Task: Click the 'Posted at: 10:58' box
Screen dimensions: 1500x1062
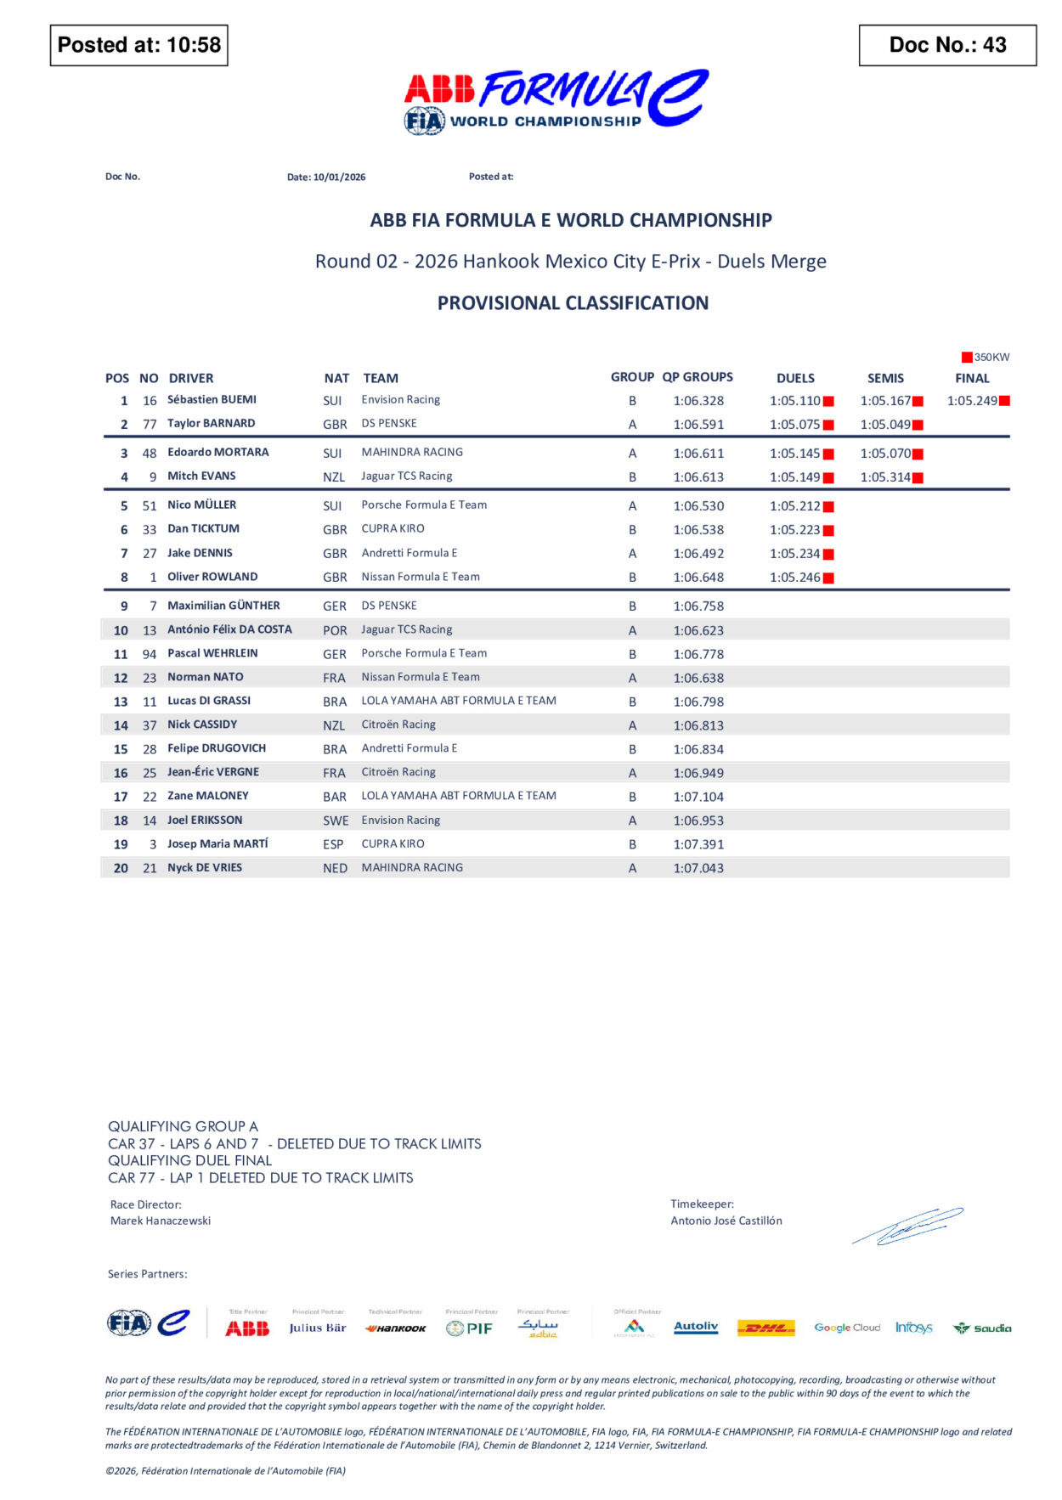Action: click(x=138, y=45)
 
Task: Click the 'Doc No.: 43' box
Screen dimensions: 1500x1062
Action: click(x=946, y=45)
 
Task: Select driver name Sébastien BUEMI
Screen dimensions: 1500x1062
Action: click(x=212, y=399)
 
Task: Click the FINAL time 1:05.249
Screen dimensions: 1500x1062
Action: click(x=972, y=401)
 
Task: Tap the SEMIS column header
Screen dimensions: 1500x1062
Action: click(x=885, y=378)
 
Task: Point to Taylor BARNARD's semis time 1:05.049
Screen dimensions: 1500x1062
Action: click(x=885, y=425)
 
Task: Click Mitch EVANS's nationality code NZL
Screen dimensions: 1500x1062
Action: click(x=334, y=477)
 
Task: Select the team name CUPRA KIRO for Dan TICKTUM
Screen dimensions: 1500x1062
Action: click(x=393, y=528)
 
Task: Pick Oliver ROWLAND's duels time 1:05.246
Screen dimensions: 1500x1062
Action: click(x=795, y=578)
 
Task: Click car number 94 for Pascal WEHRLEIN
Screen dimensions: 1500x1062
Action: click(x=150, y=654)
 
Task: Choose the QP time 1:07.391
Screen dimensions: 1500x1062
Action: click(x=698, y=844)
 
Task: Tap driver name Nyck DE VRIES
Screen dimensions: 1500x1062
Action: click(x=205, y=867)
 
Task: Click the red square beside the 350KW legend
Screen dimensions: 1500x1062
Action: click(x=967, y=358)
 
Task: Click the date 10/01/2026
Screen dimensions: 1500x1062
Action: click(x=339, y=178)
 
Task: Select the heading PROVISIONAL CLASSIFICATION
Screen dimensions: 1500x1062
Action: click(x=573, y=303)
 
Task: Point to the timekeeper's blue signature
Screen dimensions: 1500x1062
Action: click(x=907, y=1226)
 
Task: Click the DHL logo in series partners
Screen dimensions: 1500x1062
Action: click(x=765, y=1328)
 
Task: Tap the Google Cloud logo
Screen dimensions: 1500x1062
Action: click(x=847, y=1328)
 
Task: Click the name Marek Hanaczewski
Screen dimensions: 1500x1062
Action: click(x=161, y=1221)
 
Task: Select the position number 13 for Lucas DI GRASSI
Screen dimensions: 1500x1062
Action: click(x=121, y=702)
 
